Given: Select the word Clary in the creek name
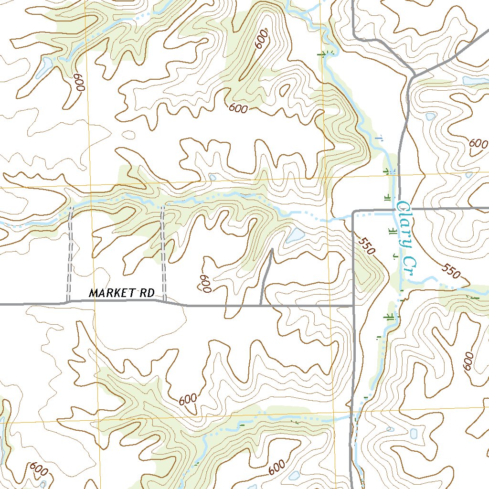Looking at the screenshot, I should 404,224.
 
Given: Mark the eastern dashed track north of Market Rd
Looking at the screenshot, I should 163,253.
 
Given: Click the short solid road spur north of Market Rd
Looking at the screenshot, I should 266,277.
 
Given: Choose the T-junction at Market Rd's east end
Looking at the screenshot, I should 354,305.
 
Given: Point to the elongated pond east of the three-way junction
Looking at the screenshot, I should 475,81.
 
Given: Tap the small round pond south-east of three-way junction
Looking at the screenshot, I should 430,116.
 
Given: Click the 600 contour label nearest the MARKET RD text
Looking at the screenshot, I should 206,284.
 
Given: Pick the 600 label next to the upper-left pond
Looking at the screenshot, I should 79,82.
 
